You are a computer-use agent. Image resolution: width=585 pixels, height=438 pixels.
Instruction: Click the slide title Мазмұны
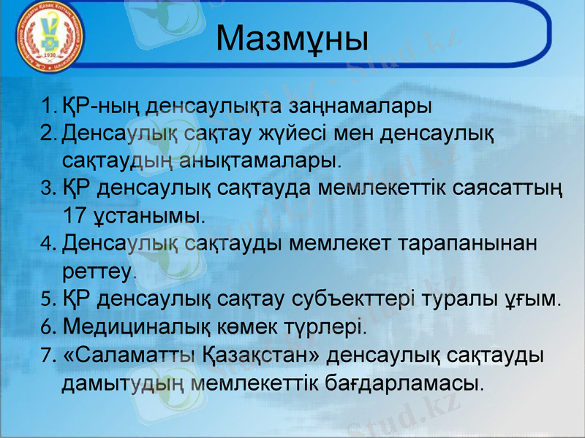[x=292, y=39]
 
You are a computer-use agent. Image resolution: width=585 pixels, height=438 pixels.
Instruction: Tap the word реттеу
[x=98, y=271]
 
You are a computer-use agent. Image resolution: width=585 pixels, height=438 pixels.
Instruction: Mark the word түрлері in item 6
[x=328, y=326]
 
